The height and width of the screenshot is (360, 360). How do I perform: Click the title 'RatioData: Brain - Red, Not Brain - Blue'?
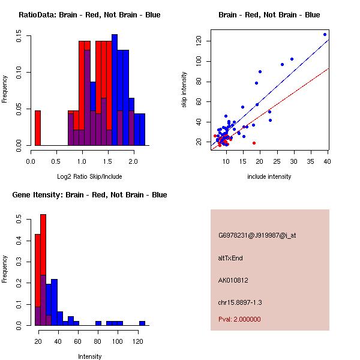89,15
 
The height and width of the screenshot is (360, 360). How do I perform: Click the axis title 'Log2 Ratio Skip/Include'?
89,176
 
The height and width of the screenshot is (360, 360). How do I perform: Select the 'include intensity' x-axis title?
269,176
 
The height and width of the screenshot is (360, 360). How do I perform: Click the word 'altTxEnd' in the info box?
230,258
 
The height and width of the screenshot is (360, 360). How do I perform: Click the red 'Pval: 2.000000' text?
239,319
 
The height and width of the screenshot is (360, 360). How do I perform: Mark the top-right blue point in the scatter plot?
325,34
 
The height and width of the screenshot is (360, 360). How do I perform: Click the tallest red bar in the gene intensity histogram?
43,269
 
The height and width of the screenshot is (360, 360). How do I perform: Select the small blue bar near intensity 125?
142,323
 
